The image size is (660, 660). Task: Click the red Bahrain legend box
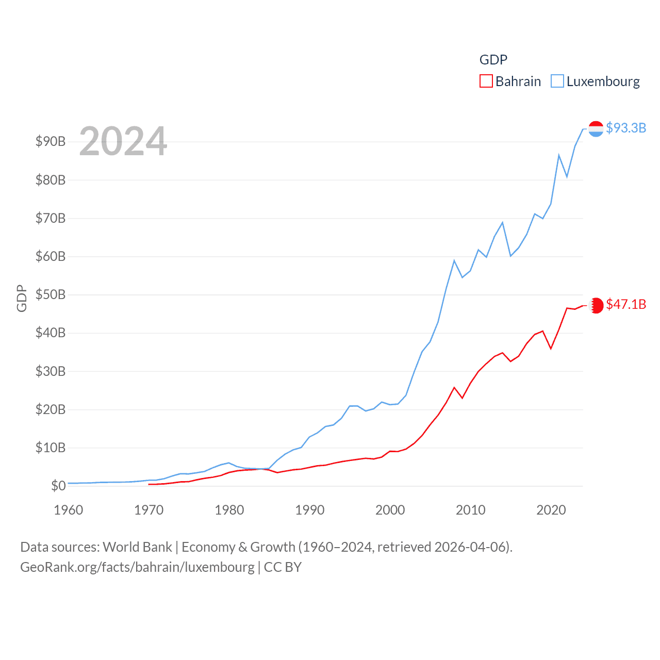click(486, 81)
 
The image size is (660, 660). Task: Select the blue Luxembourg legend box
click(557, 81)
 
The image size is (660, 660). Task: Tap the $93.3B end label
click(626, 128)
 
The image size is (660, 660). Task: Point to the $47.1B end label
click(626, 304)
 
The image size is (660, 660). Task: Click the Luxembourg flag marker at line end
click(596, 129)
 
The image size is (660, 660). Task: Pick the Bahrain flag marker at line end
click(596, 305)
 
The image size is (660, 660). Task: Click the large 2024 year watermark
click(123, 141)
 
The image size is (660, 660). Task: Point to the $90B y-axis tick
click(51, 142)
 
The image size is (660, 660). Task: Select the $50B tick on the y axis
click(51, 295)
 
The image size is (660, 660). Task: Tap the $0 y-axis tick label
click(58, 486)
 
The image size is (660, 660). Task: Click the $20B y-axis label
click(51, 410)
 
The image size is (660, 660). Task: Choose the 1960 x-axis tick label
click(69, 510)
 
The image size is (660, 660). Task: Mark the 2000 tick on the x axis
click(390, 510)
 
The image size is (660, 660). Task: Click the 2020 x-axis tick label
click(551, 510)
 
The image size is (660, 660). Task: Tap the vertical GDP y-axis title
click(22, 298)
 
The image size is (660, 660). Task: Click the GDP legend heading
click(493, 60)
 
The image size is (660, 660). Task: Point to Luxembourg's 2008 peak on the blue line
click(454, 260)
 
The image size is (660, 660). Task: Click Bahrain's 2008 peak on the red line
click(454, 387)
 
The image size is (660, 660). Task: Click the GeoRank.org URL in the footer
click(137, 567)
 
